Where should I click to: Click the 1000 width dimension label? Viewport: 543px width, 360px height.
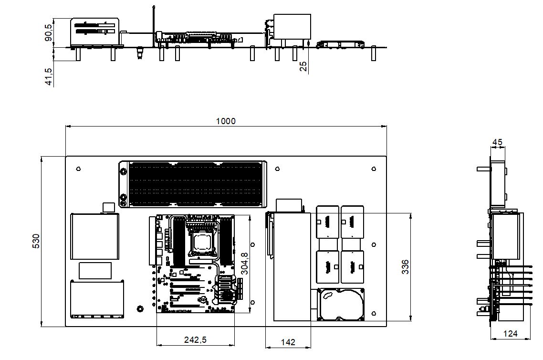pyautogui.click(x=225, y=121)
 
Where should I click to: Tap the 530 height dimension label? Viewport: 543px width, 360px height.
pyautogui.click(x=36, y=241)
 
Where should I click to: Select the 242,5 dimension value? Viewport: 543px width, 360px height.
pyautogui.click(x=195, y=339)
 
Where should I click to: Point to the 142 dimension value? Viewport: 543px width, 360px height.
pyautogui.click(x=288, y=342)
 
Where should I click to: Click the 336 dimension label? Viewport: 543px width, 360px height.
pyautogui.click(x=405, y=267)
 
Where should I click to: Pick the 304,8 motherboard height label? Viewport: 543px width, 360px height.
pyautogui.click(x=244, y=264)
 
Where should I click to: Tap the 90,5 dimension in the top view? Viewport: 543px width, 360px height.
pyautogui.click(x=49, y=32)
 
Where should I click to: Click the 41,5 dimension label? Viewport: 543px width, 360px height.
pyautogui.click(x=49, y=76)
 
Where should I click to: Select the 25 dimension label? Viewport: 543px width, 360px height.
pyautogui.click(x=303, y=66)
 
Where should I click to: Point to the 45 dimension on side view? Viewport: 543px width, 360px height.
pyautogui.click(x=497, y=142)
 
